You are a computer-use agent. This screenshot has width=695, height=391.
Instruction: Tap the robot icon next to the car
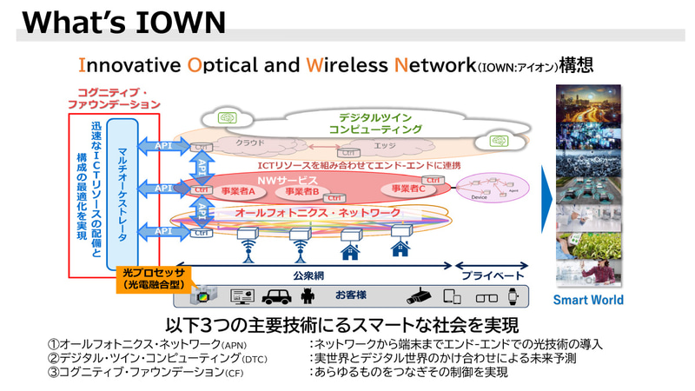click(306, 295)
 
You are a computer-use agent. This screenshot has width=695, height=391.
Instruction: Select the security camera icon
click(420, 295)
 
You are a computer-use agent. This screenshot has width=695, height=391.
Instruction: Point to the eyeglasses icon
click(483, 295)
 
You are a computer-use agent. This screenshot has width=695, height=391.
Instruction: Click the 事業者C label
click(408, 188)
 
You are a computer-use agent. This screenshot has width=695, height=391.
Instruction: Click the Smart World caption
click(588, 301)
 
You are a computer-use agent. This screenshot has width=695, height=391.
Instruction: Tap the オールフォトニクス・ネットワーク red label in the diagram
click(319, 212)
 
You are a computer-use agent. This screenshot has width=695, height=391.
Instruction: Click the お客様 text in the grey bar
click(351, 294)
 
